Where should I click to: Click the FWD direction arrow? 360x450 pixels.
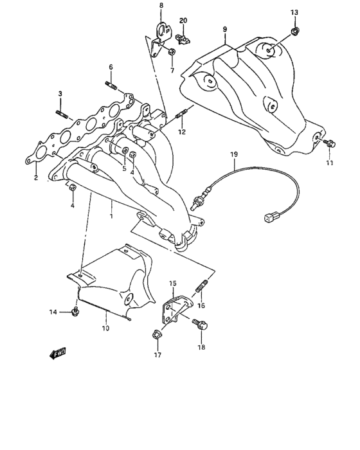[57, 352]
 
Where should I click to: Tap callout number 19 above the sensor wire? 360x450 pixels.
[234, 154]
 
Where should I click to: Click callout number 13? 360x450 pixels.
[294, 12]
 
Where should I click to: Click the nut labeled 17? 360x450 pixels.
[156, 334]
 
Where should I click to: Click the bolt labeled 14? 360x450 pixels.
[76, 312]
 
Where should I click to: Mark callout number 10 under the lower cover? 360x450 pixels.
[105, 328]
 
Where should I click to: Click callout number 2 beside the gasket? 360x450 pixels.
[36, 177]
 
